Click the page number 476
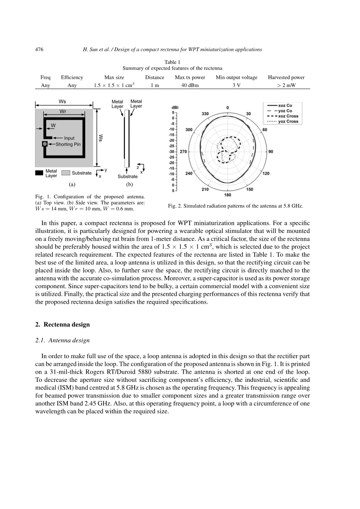pos(39,49)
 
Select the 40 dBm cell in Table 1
pos(190,85)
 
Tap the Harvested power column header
pos(286,77)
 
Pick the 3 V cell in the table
pos(236,85)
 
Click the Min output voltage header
pos(236,77)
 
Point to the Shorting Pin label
pos(68,144)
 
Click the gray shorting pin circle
pos(45,144)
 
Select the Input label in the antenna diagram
pos(69,138)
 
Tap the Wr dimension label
pos(63,111)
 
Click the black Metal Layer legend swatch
pos(39,173)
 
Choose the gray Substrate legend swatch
pos(66,173)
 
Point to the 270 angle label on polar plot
pos(183,152)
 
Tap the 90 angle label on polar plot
pos(271,152)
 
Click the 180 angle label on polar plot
pos(228,195)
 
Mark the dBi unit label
pos(175,108)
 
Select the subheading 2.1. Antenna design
pos(62,340)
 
